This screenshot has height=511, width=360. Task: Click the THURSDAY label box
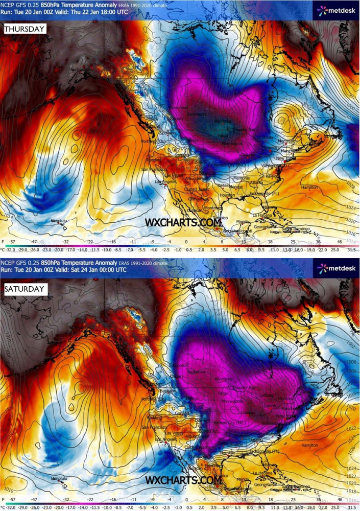(25, 29)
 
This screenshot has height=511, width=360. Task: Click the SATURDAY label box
(25, 289)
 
